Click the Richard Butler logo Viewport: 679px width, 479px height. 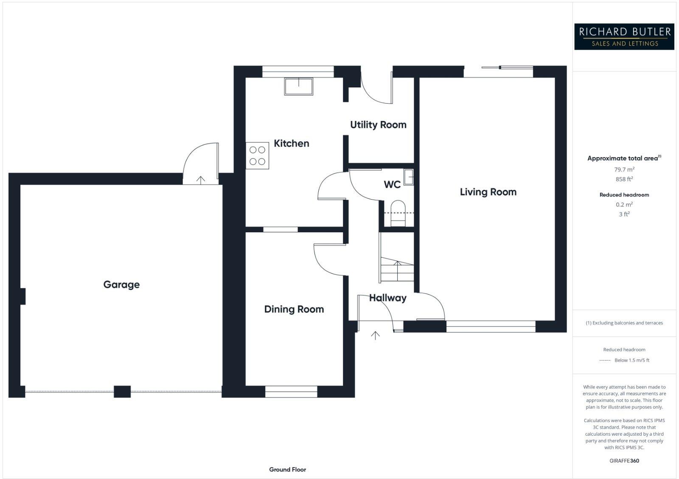[624, 37]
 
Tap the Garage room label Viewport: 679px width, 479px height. [121, 285]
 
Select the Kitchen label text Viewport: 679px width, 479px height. [291, 144]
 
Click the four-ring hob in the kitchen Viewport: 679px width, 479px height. [258, 155]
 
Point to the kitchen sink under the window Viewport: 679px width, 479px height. [299, 86]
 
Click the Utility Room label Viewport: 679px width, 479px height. [378, 125]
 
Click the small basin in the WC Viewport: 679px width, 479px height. [409, 177]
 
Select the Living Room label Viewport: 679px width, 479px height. [488, 192]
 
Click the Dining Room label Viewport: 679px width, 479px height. [294, 309]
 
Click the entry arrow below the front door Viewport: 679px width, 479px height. [375, 335]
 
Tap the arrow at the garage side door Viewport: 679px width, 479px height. [201, 180]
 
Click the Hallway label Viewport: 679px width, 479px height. [387, 298]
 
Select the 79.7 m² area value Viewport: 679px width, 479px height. [624, 169]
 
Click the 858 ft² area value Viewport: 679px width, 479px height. [624, 179]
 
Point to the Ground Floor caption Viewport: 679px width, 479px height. [287, 469]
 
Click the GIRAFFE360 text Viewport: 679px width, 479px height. [624, 461]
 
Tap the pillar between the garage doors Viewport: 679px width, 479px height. [122, 391]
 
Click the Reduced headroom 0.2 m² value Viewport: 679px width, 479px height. [624, 205]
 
